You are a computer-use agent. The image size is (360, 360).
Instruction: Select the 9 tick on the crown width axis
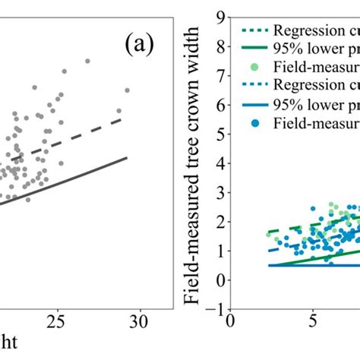[x=219, y=16]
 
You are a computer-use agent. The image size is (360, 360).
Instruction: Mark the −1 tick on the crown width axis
[x=216, y=308]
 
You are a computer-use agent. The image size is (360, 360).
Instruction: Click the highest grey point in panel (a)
[x=87, y=60]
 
